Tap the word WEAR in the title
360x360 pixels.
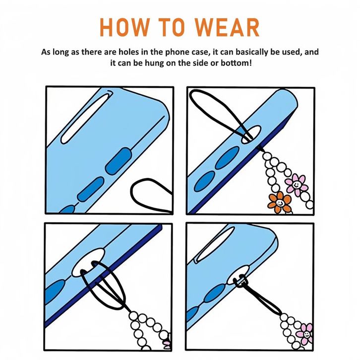coord(227,27)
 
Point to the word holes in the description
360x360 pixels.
coord(128,52)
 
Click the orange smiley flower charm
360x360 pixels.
coord(280,202)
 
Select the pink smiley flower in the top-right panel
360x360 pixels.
coord(297,183)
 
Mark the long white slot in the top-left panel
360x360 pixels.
coord(87,118)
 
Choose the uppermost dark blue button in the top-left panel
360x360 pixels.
coord(118,161)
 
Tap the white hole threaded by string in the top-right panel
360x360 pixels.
coord(251,134)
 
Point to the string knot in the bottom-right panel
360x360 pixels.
coord(240,282)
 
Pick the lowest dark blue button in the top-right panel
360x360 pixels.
coord(204,181)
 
